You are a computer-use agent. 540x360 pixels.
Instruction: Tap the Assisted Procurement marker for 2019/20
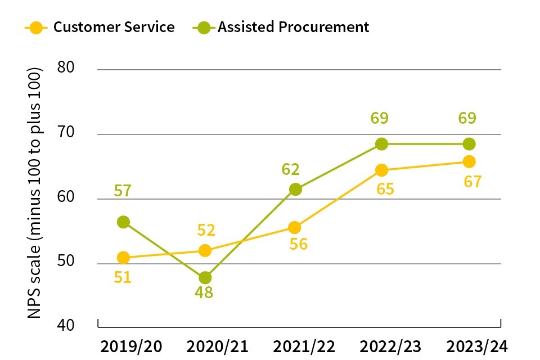click(123, 222)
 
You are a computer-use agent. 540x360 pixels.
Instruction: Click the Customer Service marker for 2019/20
click(123, 258)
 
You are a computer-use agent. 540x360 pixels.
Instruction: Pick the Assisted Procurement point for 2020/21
click(205, 277)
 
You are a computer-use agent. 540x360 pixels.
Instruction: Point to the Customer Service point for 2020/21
click(205, 250)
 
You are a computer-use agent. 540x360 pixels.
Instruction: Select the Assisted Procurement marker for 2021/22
click(295, 190)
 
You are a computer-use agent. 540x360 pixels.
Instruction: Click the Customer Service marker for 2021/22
click(295, 227)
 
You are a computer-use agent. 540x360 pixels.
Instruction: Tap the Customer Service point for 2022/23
click(381, 170)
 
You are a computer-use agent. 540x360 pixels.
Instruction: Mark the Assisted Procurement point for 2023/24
click(468, 144)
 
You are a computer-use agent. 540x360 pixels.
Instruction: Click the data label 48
click(204, 293)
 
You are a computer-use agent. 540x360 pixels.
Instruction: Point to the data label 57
click(122, 191)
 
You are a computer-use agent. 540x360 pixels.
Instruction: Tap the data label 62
click(291, 169)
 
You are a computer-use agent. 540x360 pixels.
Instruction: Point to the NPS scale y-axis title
click(35, 193)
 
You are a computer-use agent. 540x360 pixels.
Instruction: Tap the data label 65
click(385, 189)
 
